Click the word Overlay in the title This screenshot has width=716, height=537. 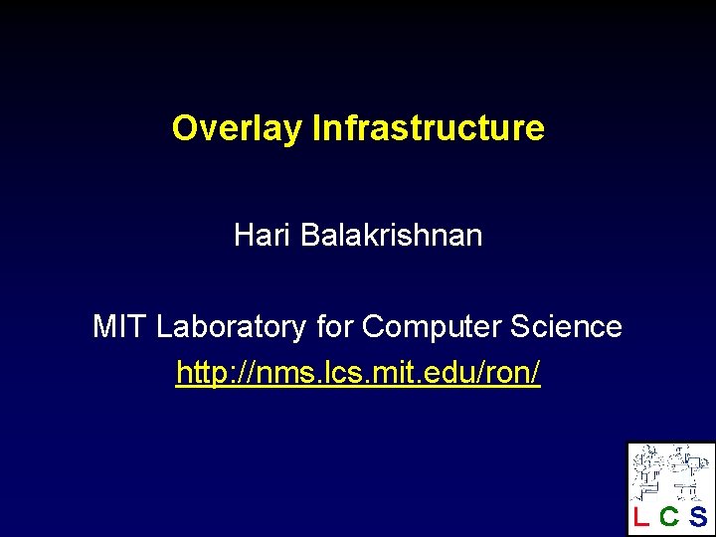[x=238, y=128]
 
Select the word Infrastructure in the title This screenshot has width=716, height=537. [x=428, y=128]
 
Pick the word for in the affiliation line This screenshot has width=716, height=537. [x=333, y=326]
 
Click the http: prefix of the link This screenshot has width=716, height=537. [x=205, y=373]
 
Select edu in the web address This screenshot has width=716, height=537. [x=441, y=373]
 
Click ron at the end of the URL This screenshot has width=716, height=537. [x=506, y=373]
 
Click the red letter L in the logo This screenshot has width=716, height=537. [x=641, y=516]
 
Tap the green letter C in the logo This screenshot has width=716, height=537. [x=669, y=516]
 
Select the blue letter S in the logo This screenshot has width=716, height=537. [x=698, y=516]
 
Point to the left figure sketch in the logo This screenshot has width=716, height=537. [x=651, y=471]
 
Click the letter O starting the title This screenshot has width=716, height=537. [x=183, y=128]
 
